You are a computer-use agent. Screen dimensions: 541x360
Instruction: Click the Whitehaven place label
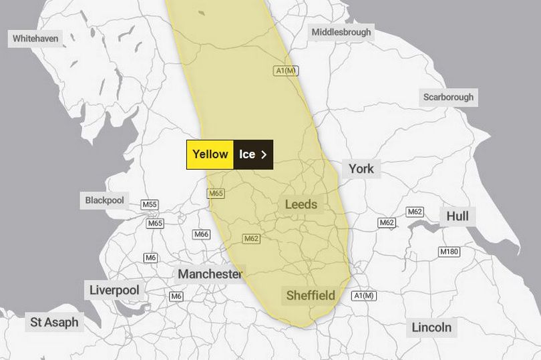tap(35, 39)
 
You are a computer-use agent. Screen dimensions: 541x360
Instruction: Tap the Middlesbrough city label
tap(341, 31)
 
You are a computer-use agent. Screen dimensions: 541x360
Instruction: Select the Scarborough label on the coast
tap(448, 97)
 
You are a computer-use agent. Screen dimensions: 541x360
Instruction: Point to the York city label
tap(361, 168)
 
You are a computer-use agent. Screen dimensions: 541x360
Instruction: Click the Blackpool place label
tap(105, 200)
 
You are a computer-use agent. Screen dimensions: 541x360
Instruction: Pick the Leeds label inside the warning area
tap(301, 204)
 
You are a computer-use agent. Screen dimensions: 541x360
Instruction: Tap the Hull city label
tap(458, 216)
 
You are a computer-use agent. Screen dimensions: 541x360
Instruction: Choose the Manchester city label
tap(209, 274)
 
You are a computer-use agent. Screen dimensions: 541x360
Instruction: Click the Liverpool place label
tap(114, 290)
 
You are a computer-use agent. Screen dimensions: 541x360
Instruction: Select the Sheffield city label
tap(311, 295)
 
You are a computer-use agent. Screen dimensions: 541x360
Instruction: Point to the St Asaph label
tap(54, 322)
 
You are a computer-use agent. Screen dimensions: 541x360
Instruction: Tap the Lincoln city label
tap(431, 327)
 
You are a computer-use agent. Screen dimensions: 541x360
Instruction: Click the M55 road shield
tap(150, 204)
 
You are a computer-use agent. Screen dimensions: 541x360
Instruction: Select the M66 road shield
tap(201, 234)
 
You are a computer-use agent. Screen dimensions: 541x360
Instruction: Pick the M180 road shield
tap(448, 252)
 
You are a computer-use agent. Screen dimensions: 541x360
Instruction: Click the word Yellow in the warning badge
tap(210, 154)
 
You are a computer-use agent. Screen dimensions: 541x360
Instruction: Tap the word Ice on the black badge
tap(247, 154)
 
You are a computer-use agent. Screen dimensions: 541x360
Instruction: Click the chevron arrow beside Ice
tap(264, 154)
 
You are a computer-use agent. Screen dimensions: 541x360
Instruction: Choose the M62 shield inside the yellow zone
tap(251, 238)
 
